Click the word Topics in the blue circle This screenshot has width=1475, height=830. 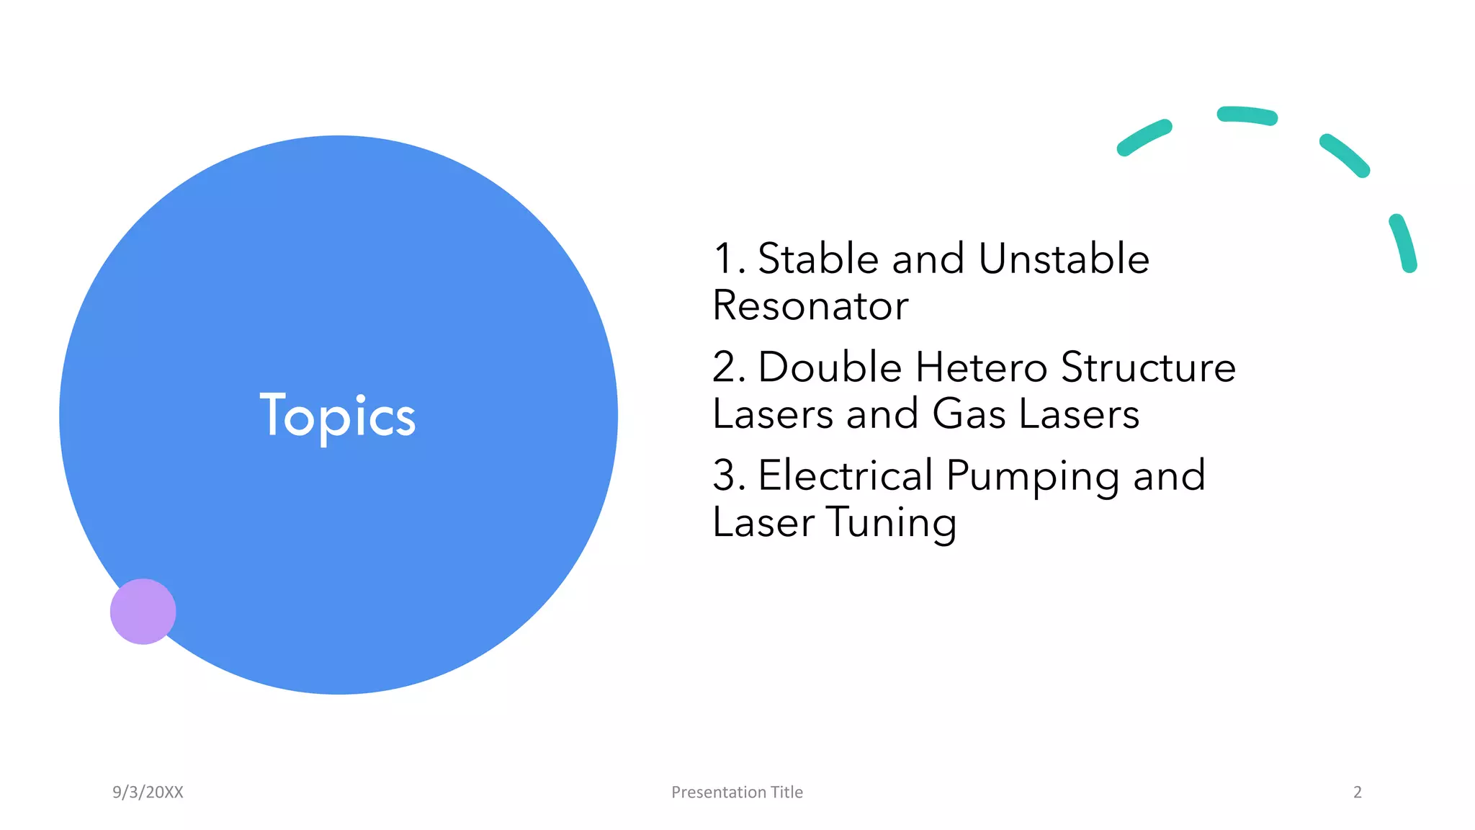pos(337,416)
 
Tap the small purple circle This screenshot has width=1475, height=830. pos(143,611)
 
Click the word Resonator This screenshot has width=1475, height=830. pos(810,305)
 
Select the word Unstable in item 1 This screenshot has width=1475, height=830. pos(1064,259)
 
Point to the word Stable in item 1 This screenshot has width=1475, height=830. pos(818,259)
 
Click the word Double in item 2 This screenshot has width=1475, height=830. pos(830,367)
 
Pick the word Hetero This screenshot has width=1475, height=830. pos(981,367)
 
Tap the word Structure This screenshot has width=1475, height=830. pos(1148,367)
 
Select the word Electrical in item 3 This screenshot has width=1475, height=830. pos(846,476)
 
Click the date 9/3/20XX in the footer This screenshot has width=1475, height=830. pos(148,792)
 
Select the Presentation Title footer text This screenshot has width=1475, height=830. pos(737,792)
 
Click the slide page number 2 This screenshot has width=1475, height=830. pos(1358,792)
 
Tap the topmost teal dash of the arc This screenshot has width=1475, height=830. pos(1247,115)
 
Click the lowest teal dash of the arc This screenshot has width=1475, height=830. pos(1403,242)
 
